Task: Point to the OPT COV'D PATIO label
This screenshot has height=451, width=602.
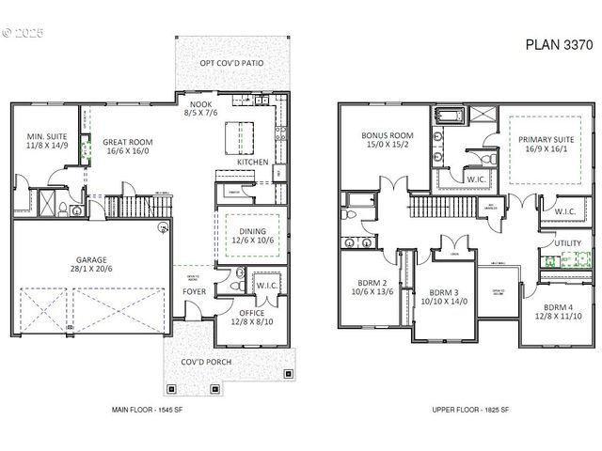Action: (x=230, y=64)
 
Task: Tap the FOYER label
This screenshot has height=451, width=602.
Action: (x=196, y=291)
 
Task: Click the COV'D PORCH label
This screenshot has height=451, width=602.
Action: (x=230, y=363)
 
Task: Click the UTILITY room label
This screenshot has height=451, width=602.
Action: (x=567, y=243)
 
